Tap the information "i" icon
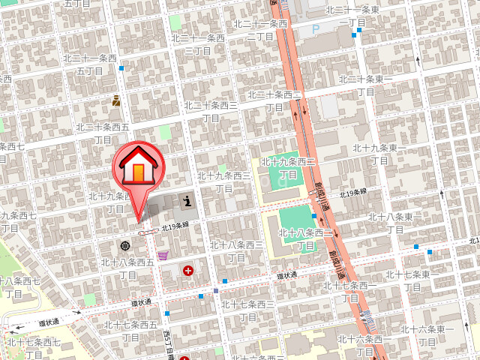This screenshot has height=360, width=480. click(186, 200)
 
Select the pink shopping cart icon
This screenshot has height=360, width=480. click(162, 256)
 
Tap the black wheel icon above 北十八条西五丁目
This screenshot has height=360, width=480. click(124, 245)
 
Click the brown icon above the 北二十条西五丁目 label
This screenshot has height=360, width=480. click(115, 100)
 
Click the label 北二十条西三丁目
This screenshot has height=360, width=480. click(211, 111)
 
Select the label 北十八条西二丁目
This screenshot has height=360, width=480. click(305, 238)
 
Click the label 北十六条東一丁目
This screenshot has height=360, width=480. click(427, 334)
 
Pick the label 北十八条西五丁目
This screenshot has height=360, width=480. click(128, 268)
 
